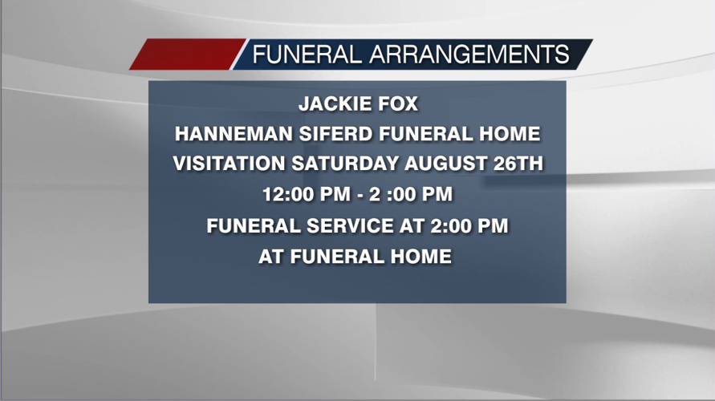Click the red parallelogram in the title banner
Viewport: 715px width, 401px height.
pyautogui.click(x=188, y=55)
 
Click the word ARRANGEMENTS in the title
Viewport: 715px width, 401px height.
pyautogui.click(x=469, y=55)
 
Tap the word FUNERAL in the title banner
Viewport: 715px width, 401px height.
pyautogui.click(x=307, y=55)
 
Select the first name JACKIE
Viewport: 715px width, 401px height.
pyautogui.click(x=333, y=104)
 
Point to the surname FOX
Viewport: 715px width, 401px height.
pyautogui.click(x=396, y=104)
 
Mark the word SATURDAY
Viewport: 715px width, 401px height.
pyautogui.click(x=345, y=164)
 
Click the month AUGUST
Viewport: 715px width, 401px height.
pyautogui.click(x=446, y=164)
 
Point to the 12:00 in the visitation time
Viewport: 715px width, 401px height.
pyautogui.click(x=288, y=195)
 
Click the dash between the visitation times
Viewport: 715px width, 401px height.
pyautogui.click(x=360, y=196)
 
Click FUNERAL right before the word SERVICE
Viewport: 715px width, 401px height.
pyautogui.click(x=254, y=226)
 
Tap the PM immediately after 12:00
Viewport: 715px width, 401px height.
pyautogui.click(x=335, y=195)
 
